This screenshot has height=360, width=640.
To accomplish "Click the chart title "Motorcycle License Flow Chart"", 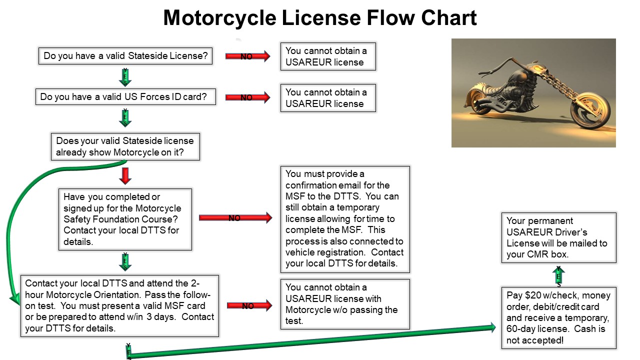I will pyautogui.click(x=320, y=18).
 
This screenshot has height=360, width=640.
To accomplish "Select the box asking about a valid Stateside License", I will pyautogui.click(x=125, y=56).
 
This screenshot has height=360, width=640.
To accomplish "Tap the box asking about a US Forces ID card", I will pyautogui.click(x=125, y=97).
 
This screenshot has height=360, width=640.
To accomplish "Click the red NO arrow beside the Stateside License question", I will pyautogui.click(x=247, y=56).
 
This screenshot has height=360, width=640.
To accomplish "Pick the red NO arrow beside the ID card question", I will pyautogui.click(x=247, y=97).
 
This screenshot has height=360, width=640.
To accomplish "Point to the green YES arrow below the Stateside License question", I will pyautogui.click(x=125, y=76).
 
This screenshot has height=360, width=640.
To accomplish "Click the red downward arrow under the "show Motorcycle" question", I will pyautogui.click(x=125, y=175).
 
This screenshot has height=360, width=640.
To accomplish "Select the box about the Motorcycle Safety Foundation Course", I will pyautogui.click(x=125, y=219).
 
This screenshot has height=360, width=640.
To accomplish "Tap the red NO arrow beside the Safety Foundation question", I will pyautogui.click(x=235, y=217).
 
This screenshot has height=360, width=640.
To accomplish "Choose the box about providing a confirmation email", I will pyautogui.click(x=345, y=219).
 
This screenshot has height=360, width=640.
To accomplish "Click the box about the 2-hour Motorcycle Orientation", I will pyautogui.click(x=119, y=305).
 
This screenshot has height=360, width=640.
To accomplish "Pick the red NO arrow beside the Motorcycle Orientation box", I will pyautogui.click(x=249, y=305).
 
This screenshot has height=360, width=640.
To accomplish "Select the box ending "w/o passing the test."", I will pyautogui.click(x=345, y=304).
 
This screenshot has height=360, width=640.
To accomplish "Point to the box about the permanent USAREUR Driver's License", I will pyautogui.click(x=559, y=237).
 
